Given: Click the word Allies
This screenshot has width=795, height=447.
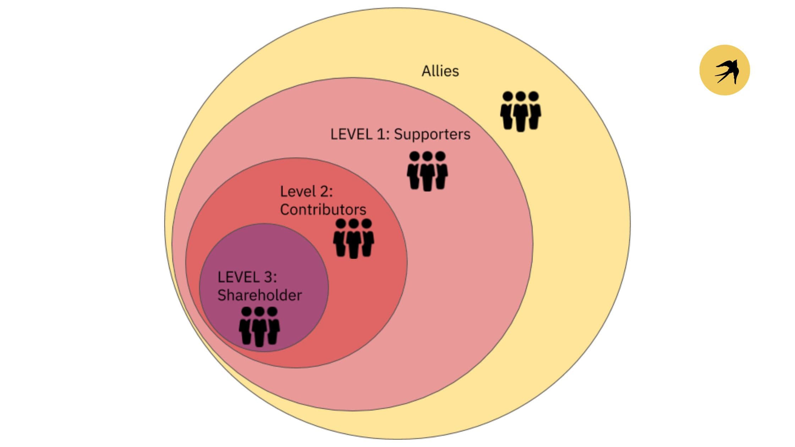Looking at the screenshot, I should click(440, 71).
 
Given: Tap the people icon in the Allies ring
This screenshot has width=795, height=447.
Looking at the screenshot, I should click(521, 111).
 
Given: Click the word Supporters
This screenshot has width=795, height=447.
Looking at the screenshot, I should click(432, 134).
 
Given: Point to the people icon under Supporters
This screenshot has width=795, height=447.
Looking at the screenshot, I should click(427, 171).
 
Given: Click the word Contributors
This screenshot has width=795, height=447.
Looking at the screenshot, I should click(323, 210).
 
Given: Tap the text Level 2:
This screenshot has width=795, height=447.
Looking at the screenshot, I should click(306, 192).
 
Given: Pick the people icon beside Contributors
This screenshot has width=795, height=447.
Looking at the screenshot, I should click(353, 238).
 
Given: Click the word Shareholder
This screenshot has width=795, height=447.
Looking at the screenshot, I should click(259, 295).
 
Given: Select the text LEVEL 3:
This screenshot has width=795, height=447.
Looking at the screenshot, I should click(247, 277).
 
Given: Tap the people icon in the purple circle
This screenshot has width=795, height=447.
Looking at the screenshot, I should click(259, 327).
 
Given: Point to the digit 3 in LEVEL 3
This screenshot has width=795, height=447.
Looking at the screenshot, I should click(268, 277).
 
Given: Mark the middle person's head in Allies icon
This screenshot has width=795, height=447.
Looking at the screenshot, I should click(521, 96).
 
